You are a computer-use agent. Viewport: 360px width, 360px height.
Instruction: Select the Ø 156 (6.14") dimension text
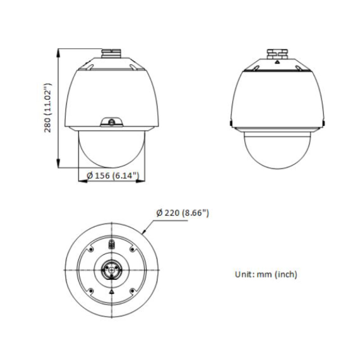click(x=112, y=176)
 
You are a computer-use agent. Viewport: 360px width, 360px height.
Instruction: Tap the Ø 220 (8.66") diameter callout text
click(x=182, y=213)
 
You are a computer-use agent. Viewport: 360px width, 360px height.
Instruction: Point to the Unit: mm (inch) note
click(x=266, y=274)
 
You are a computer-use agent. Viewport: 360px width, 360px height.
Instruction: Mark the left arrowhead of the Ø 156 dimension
click(x=81, y=181)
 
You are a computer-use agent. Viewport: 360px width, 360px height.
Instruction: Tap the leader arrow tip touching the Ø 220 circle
click(x=143, y=233)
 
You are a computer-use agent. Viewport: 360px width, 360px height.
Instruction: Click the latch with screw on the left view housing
click(x=111, y=121)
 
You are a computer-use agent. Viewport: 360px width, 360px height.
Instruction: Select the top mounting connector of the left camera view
click(x=111, y=54)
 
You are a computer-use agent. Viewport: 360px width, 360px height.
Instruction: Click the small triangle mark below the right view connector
click(x=278, y=63)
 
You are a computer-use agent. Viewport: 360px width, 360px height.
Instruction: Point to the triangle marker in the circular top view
click(x=111, y=291)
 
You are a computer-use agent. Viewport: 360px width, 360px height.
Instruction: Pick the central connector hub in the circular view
click(x=111, y=269)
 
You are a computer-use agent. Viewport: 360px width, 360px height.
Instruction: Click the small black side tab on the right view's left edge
click(x=230, y=122)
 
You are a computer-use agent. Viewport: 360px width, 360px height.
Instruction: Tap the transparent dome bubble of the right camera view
click(x=278, y=151)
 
